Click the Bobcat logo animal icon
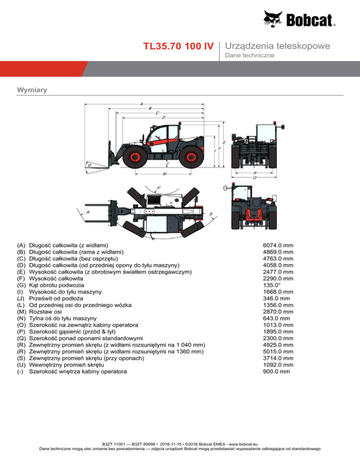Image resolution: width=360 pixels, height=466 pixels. (x=275, y=19)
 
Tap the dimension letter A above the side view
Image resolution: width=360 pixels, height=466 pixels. (x=141, y=103)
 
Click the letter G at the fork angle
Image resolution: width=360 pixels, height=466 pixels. (x=89, y=165)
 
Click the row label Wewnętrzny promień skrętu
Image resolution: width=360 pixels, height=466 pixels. (x=66, y=365)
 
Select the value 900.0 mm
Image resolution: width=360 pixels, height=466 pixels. (x=277, y=372)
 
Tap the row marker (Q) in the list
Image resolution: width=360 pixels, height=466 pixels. (x=21, y=338)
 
